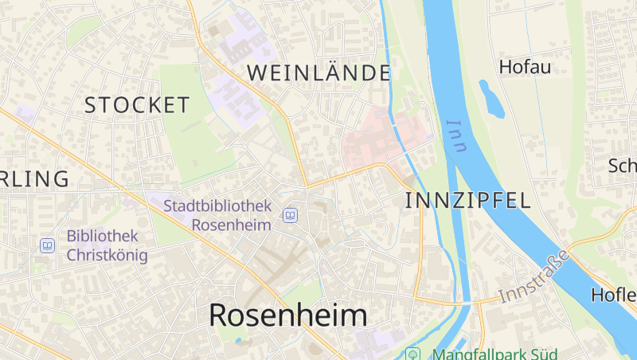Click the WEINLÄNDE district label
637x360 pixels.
point(318,72)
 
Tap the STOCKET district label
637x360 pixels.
point(137,104)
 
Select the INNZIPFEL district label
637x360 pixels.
point(467,200)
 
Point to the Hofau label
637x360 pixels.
point(525,67)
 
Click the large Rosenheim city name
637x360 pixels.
point(288,315)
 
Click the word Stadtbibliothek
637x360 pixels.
point(217,205)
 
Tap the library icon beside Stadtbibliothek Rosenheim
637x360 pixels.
point(291,215)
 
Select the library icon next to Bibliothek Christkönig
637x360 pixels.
point(48,245)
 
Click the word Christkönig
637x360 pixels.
point(107,255)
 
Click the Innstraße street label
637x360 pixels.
point(535,276)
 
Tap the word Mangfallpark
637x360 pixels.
point(475,354)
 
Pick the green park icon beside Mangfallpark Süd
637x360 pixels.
point(412,354)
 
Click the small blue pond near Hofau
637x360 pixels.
point(491,99)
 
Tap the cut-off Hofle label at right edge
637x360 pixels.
point(614,295)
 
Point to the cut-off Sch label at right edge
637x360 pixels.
point(622,166)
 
